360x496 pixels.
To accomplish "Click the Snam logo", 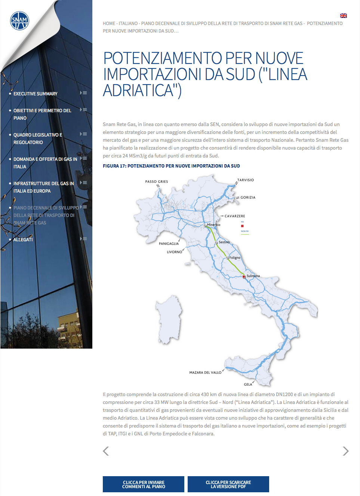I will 19,21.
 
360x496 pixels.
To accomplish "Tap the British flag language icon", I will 343,16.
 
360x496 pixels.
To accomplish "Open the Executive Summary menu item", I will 36,94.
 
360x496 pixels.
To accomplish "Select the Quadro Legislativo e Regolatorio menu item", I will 38,138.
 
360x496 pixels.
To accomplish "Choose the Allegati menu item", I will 23,240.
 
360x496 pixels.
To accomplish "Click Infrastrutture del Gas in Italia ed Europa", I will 43,187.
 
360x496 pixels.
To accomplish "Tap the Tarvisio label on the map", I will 246,180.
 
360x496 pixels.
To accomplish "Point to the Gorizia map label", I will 248,198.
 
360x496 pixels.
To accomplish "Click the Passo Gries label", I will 157,182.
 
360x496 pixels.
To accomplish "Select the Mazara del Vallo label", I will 205,373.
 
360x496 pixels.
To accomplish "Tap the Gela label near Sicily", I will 248,385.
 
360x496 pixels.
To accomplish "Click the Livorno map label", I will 174,252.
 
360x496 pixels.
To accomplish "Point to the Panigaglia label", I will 169,244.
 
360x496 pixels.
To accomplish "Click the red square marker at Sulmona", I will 244,277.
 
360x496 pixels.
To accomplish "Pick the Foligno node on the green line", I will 227,258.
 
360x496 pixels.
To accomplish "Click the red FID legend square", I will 242,226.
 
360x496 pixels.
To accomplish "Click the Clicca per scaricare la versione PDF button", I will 228,484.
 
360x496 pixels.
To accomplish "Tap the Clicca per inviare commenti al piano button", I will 144,484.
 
